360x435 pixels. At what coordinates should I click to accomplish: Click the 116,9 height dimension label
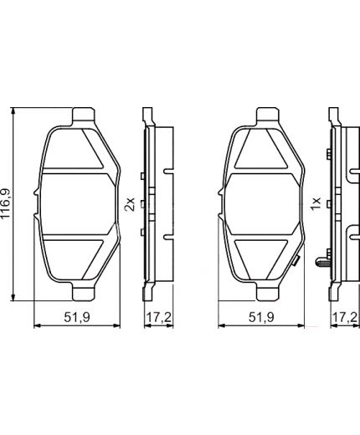pyautogui.click(x=8, y=205)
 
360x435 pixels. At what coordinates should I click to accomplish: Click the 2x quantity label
pyautogui.click(x=130, y=205)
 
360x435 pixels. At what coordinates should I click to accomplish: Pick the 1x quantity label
pyautogui.click(x=315, y=205)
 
